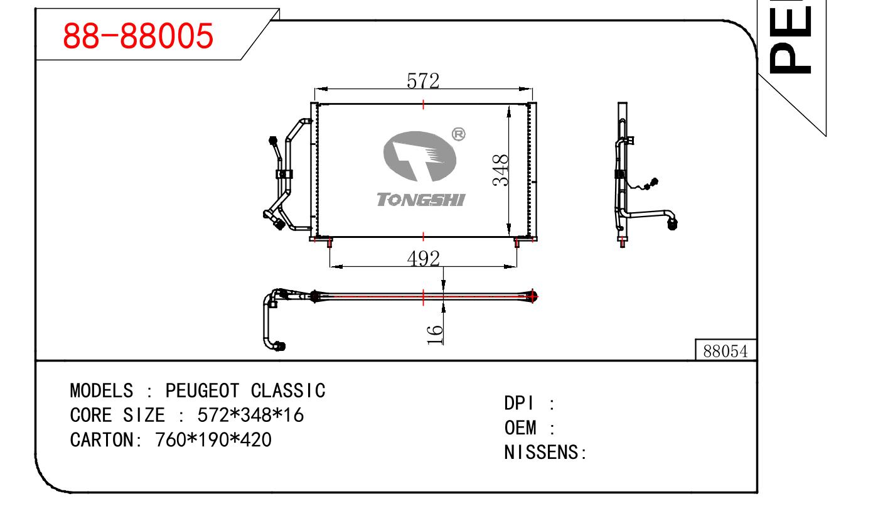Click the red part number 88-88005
(138, 35)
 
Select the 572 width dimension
(423, 81)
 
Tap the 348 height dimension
(500, 170)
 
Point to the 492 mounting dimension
(424, 258)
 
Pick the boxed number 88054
(725, 352)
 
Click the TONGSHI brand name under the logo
(421, 200)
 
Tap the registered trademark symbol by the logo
(459, 134)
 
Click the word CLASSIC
(288, 390)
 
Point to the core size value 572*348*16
(250, 415)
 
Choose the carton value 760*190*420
(213, 439)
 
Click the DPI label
(518, 403)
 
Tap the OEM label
(520, 428)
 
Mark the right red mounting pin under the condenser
(517, 242)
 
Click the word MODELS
(101, 390)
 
